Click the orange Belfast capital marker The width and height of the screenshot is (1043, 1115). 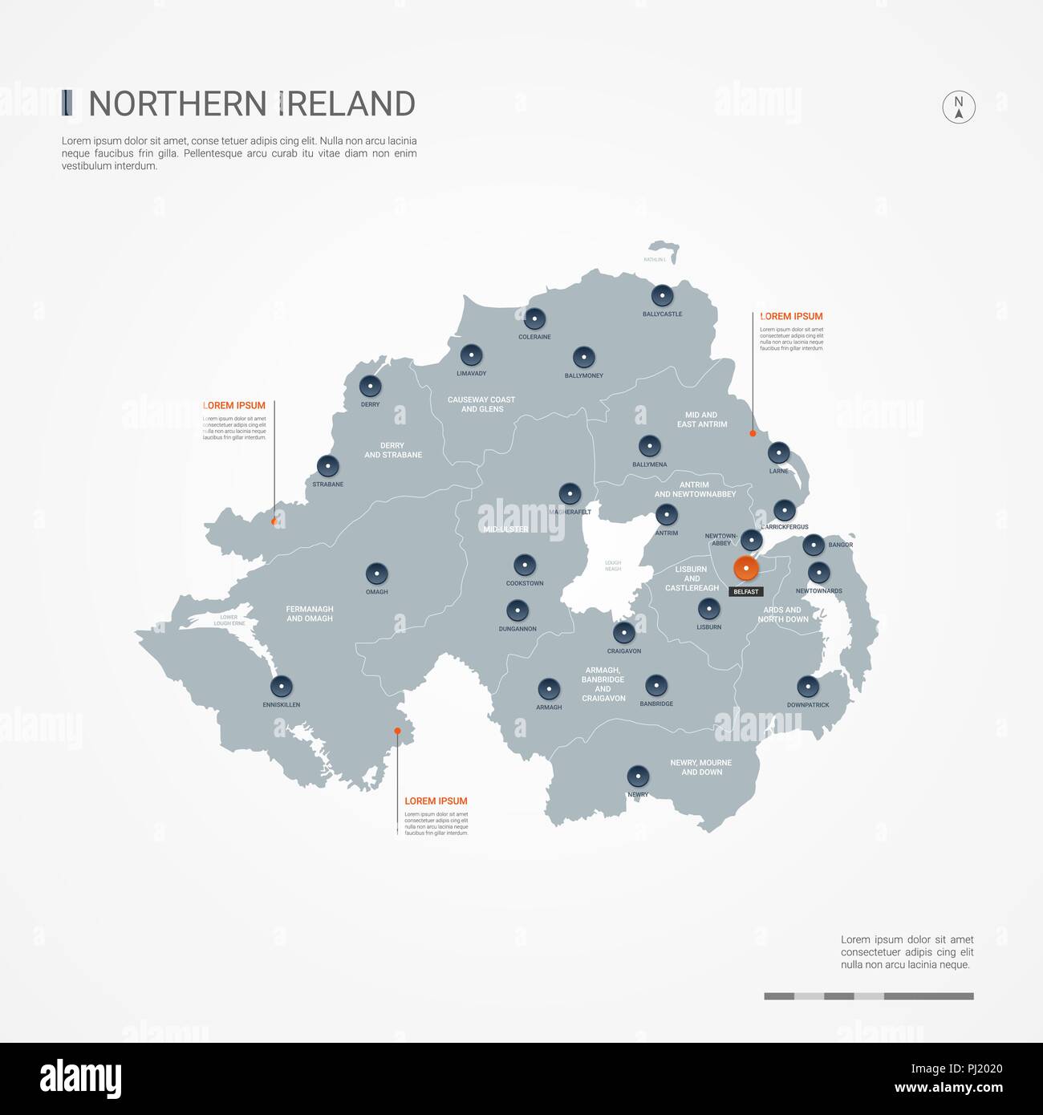coord(746,569)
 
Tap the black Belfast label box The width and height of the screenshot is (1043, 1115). coord(746,592)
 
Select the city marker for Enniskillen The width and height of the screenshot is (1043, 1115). coord(281,687)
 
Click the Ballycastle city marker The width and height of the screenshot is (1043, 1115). coord(662,296)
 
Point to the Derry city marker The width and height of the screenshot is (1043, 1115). coord(370,387)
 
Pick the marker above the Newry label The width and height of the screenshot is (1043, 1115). coord(638,776)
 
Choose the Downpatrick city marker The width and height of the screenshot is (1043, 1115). coord(808,687)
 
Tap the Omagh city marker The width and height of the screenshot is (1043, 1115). coord(376,574)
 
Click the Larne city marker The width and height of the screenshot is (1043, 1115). coord(778,452)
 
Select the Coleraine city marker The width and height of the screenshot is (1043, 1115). coord(534,318)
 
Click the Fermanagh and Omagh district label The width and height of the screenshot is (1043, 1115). coord(310,614)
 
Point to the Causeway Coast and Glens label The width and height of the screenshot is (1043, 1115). coord(481,404)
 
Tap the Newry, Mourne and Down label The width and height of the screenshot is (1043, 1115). coord(701,768)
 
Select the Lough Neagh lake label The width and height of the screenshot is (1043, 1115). coord(613,566)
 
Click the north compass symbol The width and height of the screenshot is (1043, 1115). coord(958,107)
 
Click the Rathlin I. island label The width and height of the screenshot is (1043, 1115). coord(655,260)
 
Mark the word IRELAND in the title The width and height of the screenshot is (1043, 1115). coord(347,104)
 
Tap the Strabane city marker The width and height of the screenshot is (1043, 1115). coord(327,466)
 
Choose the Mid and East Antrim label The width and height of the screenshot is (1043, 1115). coord(702,420)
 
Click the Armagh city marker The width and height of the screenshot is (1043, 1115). coord(549,689)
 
